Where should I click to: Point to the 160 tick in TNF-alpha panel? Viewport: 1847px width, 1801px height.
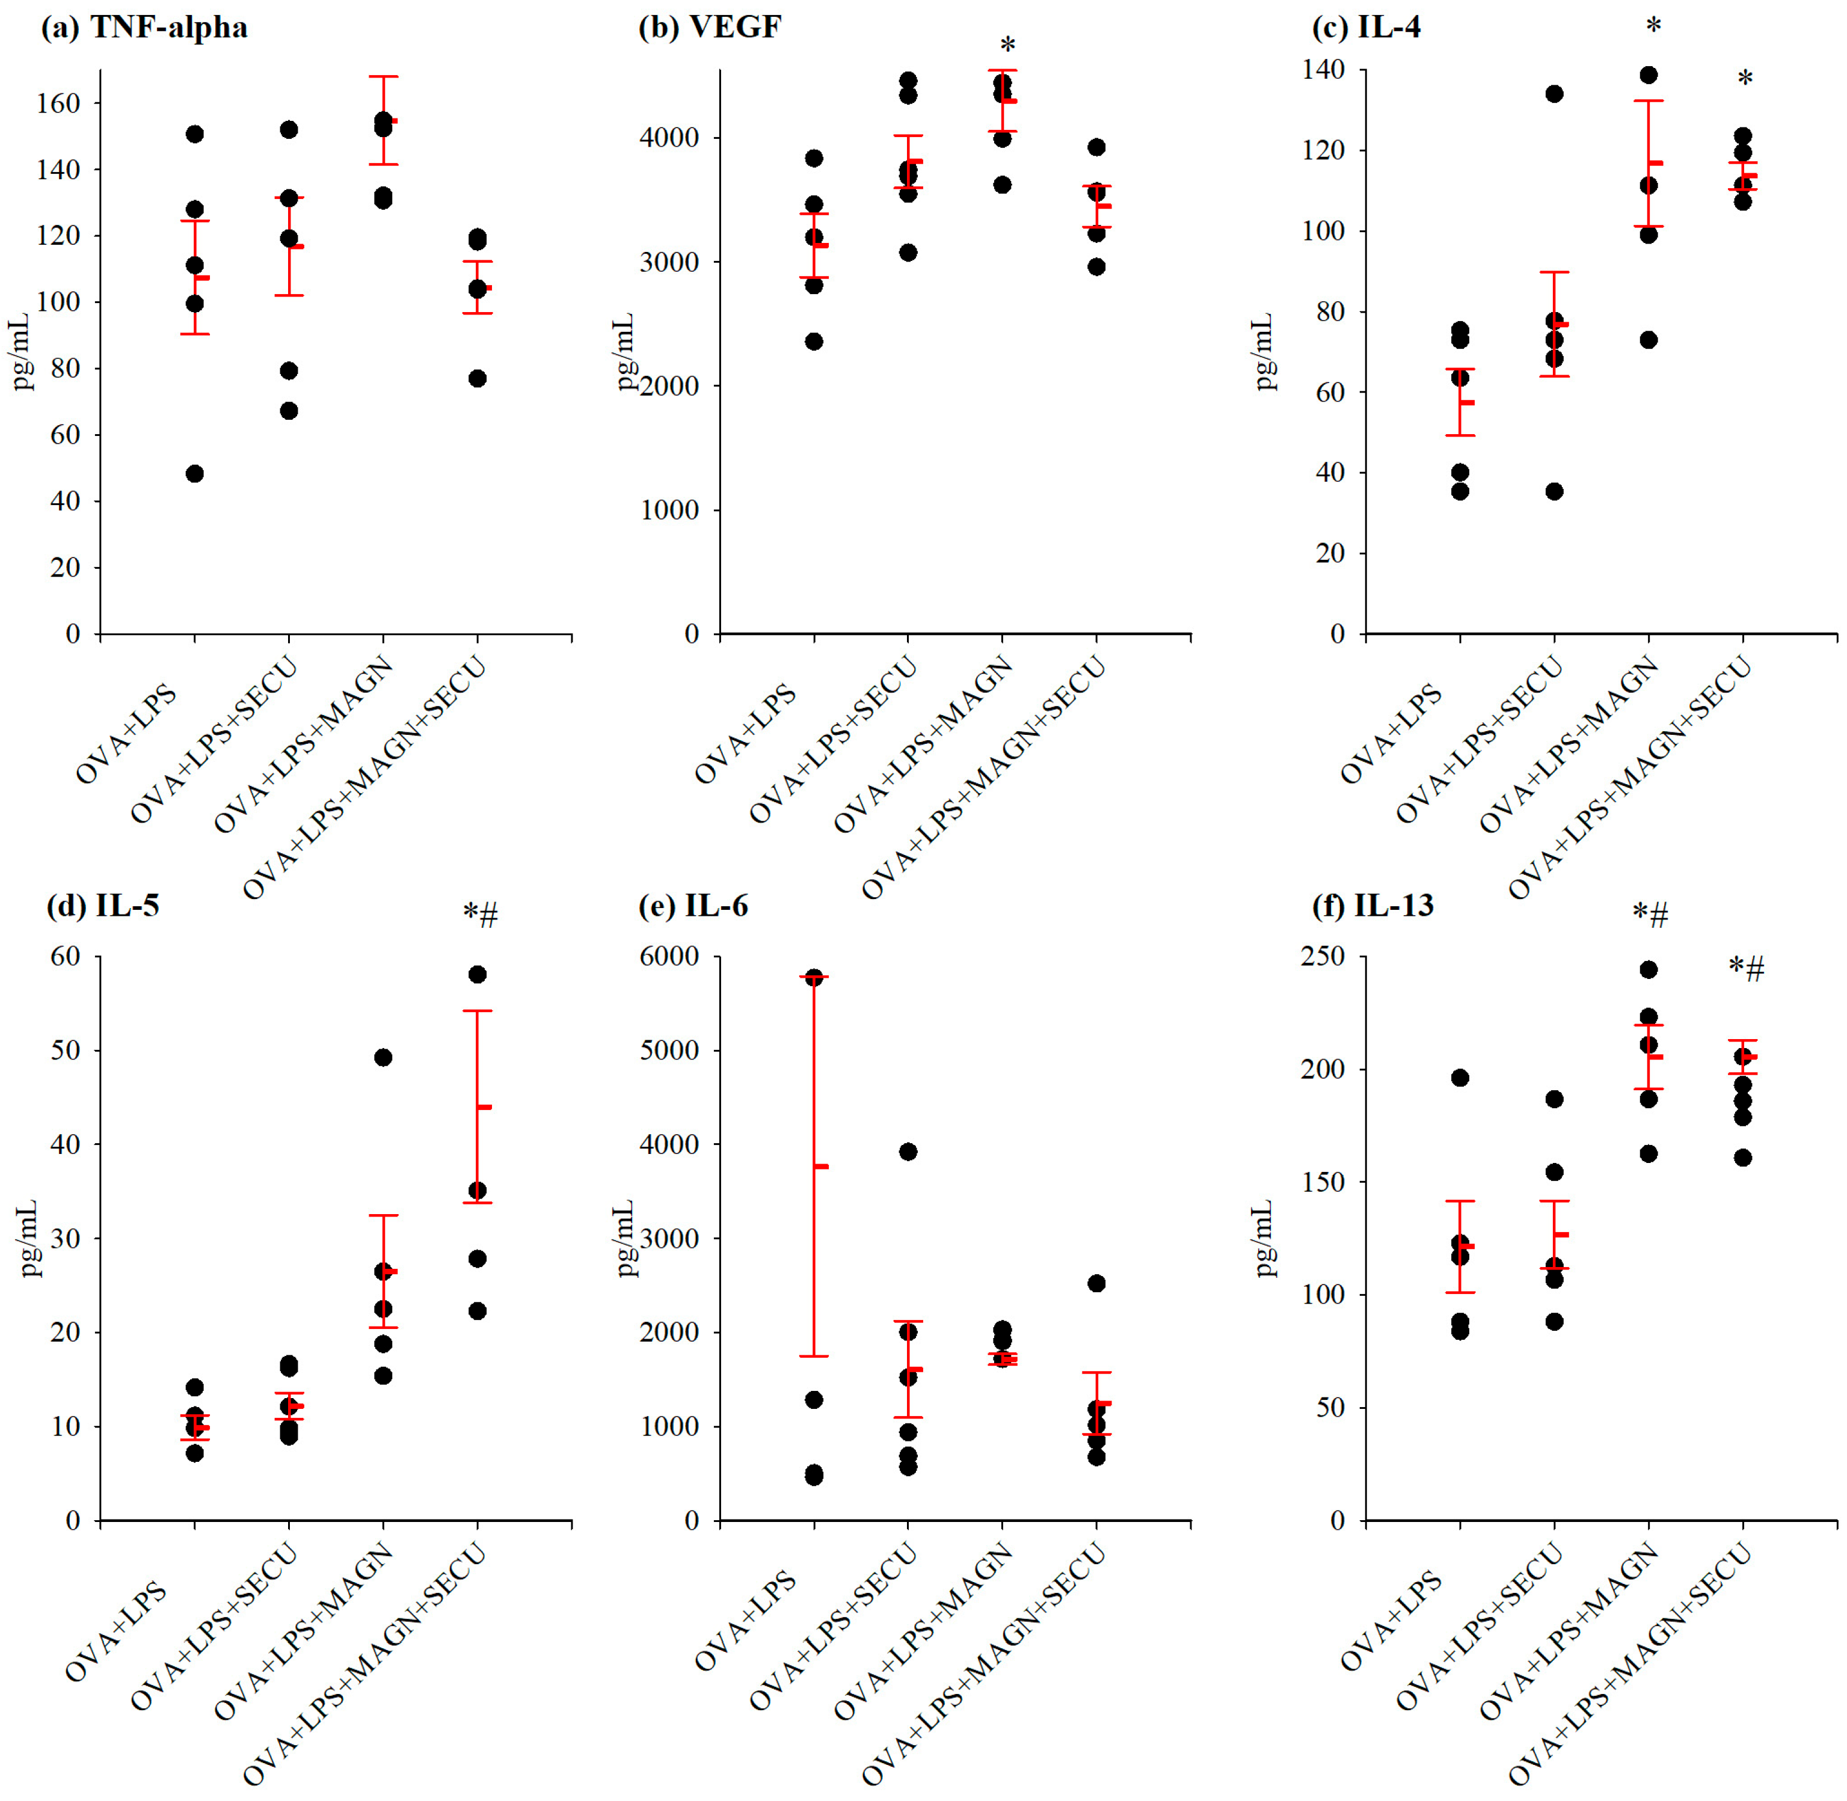coord(59,103)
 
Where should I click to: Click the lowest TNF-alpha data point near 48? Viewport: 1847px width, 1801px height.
coord(195,474)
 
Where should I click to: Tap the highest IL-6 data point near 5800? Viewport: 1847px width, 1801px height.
coord(814,978)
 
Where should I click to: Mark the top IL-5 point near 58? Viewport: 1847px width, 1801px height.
coord(478,974)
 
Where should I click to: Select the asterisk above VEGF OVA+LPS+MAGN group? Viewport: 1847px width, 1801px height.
coord(1008,46)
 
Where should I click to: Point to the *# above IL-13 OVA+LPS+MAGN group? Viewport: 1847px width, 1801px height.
coord(1650,915)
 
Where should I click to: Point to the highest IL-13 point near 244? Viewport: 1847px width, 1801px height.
coord(1649,969)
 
